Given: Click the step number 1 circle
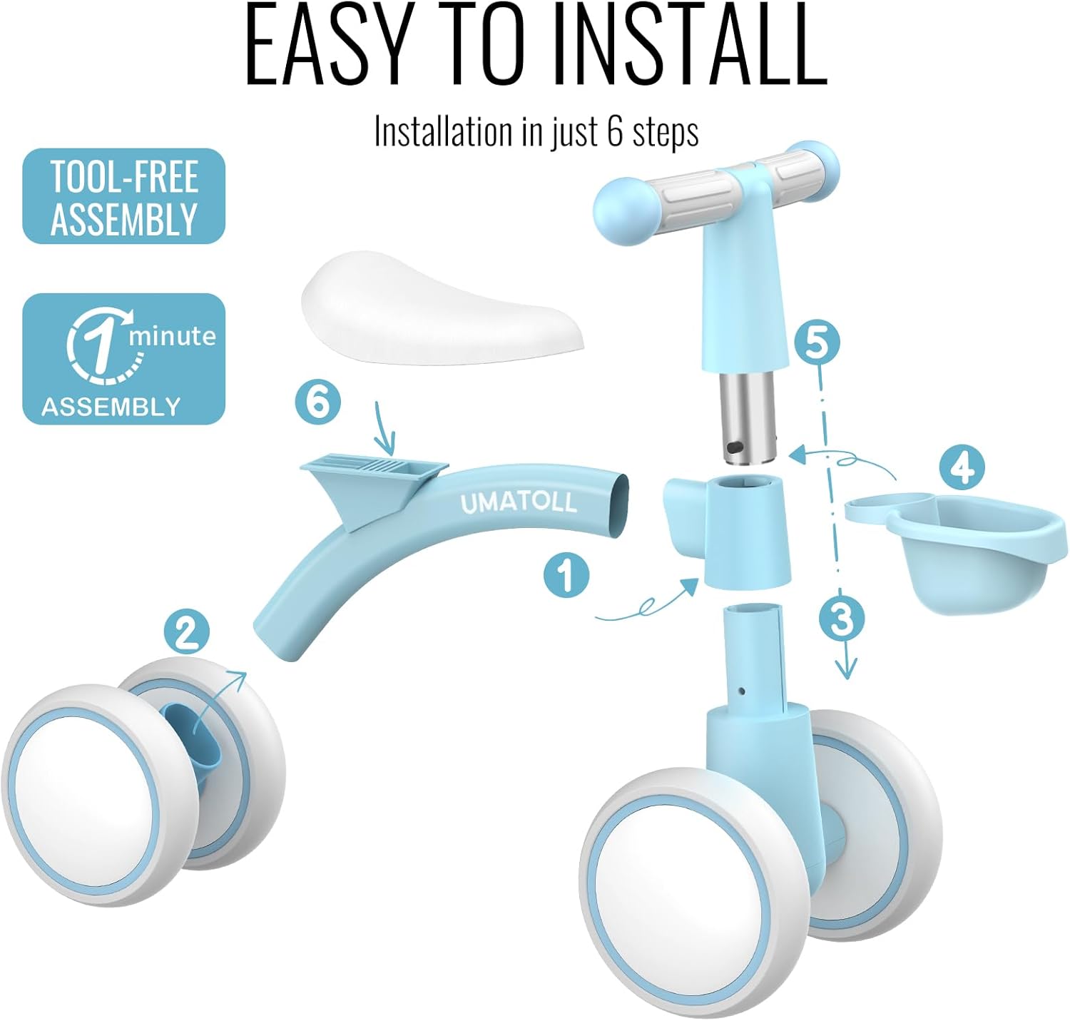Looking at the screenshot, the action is [x=566, y=575].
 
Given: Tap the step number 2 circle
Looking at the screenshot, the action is [x=187, y=632].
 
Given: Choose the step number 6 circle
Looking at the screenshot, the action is [x=318, y=402].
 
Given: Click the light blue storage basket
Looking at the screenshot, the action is [x=956, y=551].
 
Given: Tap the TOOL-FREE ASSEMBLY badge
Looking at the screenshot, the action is [x=123, y=196].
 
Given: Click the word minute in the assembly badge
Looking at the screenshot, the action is [x=172, y=336].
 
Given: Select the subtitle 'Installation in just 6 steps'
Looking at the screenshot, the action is [x=536, y=132].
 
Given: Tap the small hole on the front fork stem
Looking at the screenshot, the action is [x=742, y=691].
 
